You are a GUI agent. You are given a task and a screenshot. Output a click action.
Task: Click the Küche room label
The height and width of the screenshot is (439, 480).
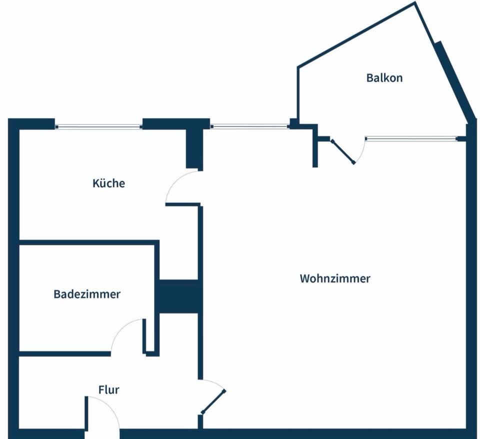(108, 183)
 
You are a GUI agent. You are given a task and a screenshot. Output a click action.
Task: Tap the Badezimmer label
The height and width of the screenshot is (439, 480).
(87, 294)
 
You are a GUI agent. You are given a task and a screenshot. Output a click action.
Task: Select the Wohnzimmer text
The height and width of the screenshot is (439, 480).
(334, 278)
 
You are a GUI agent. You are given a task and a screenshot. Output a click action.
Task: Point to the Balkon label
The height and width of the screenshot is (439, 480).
(384, 78)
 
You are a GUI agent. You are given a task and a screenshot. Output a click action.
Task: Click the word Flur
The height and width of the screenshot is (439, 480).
(108, 389)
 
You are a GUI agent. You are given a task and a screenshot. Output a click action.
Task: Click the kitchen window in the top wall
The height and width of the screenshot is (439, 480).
(98, 126)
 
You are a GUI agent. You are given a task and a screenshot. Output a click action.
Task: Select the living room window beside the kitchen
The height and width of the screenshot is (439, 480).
(249, 126)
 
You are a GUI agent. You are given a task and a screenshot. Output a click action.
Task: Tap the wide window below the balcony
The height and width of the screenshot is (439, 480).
(411, 138)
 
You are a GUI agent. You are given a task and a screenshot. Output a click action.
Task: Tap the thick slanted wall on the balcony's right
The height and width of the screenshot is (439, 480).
(452, 80)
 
